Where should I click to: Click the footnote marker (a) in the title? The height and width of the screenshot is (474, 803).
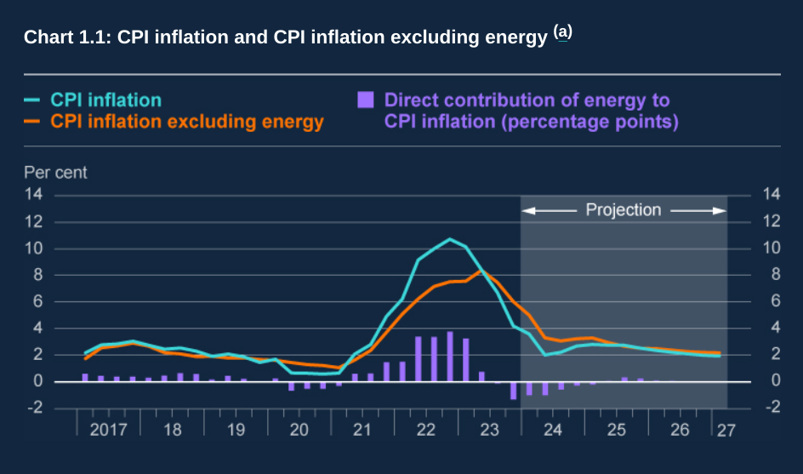click(x=563, y=32)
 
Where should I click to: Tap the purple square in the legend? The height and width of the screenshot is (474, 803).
click(x=366, y=100)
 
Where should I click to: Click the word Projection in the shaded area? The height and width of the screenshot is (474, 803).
click(x=624, y=209)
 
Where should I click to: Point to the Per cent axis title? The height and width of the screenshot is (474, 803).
click(x=55, y=173)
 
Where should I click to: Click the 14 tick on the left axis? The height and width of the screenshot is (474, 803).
click(x=33, y=195)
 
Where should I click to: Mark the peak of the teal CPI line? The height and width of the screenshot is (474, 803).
click(x=450, y=239)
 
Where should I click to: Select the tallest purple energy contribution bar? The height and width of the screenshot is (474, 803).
click(x=450, y=356)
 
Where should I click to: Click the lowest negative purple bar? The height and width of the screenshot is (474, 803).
click(x=514, y=390)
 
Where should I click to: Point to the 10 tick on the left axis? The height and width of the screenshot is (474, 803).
click(x=33, y=248)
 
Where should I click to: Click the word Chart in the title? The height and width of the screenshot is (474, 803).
click(x=47, y=38)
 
